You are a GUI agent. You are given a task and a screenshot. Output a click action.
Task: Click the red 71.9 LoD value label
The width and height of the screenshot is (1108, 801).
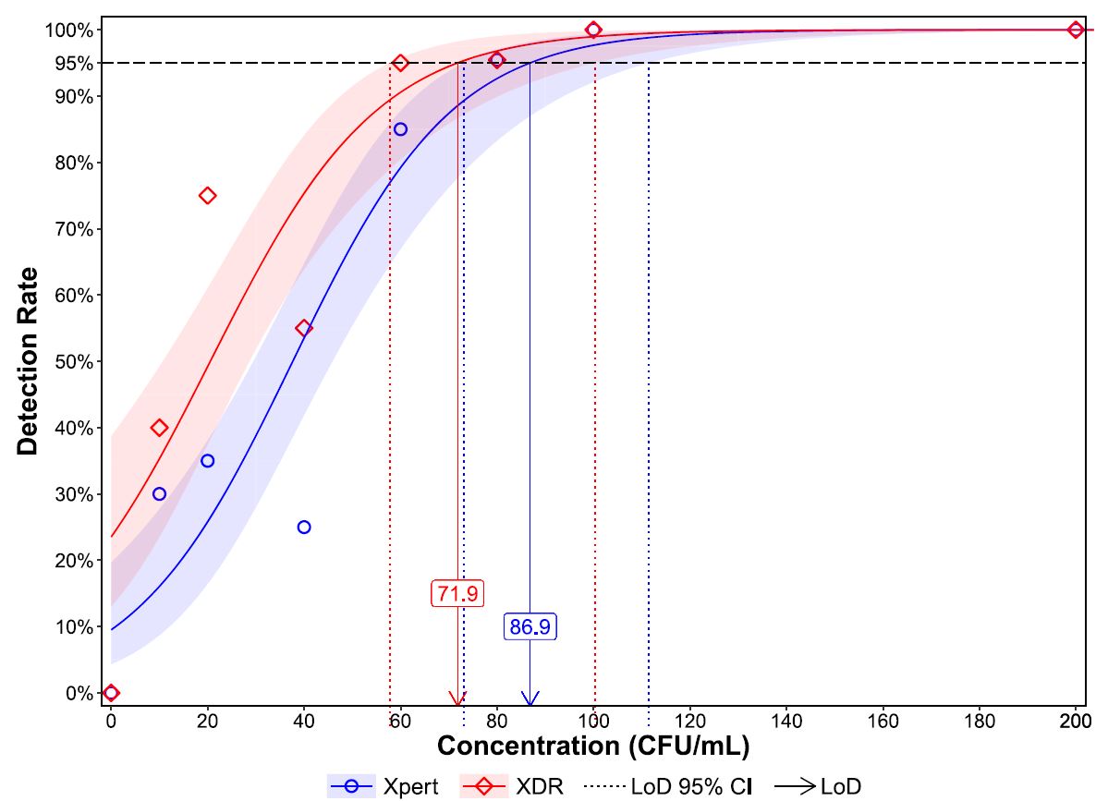point(457,593)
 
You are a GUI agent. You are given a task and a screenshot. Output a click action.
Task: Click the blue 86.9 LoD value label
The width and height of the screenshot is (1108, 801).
point(530,626)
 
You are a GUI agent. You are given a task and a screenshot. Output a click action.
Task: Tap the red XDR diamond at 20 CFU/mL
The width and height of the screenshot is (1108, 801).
point(208,196)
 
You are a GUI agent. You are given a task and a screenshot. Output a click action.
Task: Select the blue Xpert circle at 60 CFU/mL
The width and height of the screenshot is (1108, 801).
point(400,129)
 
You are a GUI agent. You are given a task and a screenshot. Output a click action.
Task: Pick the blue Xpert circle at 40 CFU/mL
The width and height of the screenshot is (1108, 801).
point(304,528)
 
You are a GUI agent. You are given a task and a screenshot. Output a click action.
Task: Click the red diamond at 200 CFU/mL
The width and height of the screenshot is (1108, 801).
point(1076,30)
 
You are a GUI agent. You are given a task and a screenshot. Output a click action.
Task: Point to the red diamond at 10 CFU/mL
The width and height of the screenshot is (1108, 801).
point(159,428)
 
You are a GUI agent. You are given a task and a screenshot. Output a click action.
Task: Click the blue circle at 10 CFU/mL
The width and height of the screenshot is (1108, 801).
point(159,494)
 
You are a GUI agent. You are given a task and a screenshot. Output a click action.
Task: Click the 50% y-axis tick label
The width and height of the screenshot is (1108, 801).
point(75,362)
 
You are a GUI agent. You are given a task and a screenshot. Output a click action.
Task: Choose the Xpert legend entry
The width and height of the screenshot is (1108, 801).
point(384,787)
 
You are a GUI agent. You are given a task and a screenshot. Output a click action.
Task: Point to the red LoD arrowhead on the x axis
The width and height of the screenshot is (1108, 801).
point(457,698)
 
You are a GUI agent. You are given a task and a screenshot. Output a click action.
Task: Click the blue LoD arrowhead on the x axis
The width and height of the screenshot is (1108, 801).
point(530,698)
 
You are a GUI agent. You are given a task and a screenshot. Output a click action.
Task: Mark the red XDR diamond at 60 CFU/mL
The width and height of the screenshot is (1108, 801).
point(400,64)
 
